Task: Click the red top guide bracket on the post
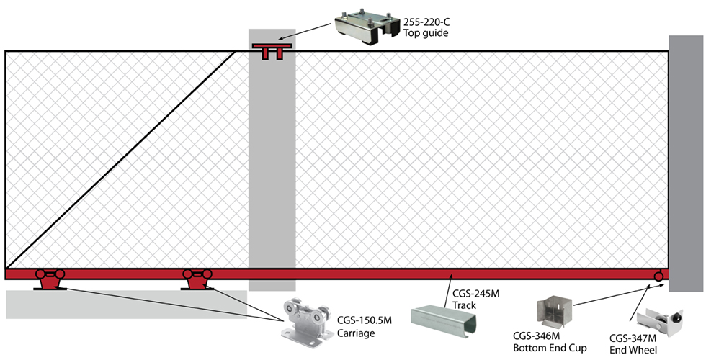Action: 272,51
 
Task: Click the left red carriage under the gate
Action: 50,279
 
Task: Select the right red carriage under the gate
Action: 197,279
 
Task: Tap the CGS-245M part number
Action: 476,293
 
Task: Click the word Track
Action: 465,305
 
